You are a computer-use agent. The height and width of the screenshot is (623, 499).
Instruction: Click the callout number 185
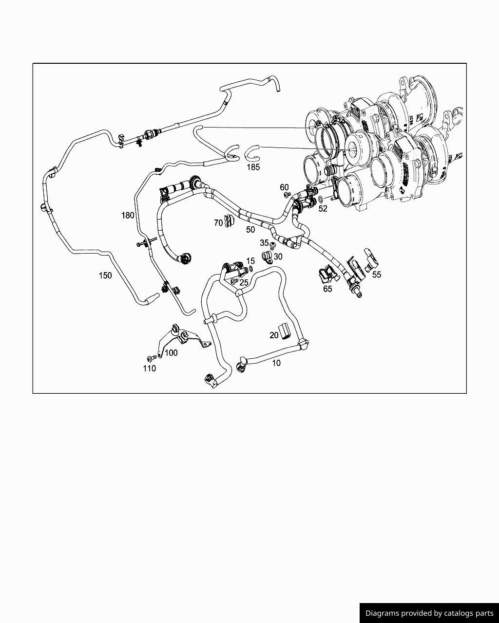[x=253, y=167]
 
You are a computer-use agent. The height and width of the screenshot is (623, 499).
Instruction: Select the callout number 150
[x=105, y=275]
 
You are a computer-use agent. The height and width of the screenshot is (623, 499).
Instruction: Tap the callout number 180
[x=128, y=215]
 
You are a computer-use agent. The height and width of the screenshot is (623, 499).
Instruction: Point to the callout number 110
[x=150, y=368]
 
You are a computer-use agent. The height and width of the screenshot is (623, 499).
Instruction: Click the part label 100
[x=171, y=352]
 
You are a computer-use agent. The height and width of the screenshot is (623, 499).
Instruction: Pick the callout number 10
[x=276, y=363]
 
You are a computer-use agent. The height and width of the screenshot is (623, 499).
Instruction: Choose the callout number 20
[x=274, y=335]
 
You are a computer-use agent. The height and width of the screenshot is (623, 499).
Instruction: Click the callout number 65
[x=327, y=289]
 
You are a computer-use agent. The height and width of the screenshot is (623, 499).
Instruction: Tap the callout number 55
[x=377, y=275]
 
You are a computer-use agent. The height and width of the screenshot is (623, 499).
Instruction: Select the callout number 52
[x=323, y=209]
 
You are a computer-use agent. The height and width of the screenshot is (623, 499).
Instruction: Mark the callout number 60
[x=284, y=187]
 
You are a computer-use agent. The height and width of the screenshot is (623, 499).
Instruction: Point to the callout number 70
[x=218, y=223]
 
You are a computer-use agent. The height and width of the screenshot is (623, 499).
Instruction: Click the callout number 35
[x=264, y=242]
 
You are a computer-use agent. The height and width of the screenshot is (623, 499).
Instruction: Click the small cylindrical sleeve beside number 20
[x=285, y=331]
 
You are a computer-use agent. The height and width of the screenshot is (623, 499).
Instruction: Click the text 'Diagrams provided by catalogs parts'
[x=429, y=613]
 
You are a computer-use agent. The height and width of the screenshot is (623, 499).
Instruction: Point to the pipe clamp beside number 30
[x=268, y=256]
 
